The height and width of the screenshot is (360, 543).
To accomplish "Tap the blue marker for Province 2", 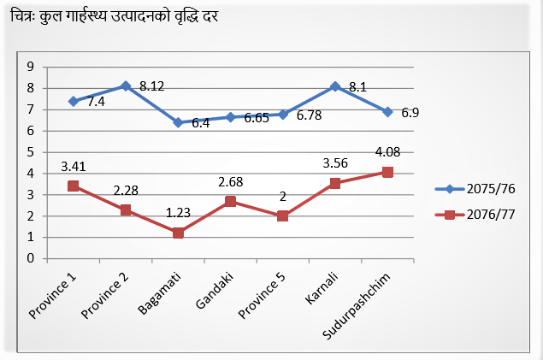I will click(126, 86).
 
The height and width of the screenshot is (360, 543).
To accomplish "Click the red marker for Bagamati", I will click(178, 233).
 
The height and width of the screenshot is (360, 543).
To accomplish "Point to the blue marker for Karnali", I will click(335, 86).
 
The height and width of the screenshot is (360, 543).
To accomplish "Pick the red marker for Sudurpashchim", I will click(387, 172).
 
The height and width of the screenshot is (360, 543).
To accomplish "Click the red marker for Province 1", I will click(74, 186).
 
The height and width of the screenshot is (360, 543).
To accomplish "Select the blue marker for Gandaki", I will click(230, 117).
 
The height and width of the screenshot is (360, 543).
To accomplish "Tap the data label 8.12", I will click(151, 86).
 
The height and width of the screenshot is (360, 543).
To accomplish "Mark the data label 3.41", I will click(74, 165).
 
